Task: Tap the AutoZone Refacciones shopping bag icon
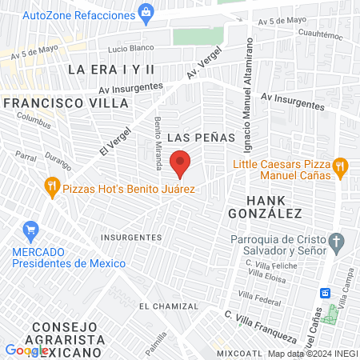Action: click(x=146, y=11)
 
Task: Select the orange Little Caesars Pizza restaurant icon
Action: click(x=341, y=166)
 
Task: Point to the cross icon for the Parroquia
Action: click(x=338, y=241)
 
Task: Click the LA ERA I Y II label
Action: click(x=110, y=70)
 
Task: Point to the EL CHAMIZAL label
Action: click(x=168, y=306)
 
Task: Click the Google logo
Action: click(x=26, y=350)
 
